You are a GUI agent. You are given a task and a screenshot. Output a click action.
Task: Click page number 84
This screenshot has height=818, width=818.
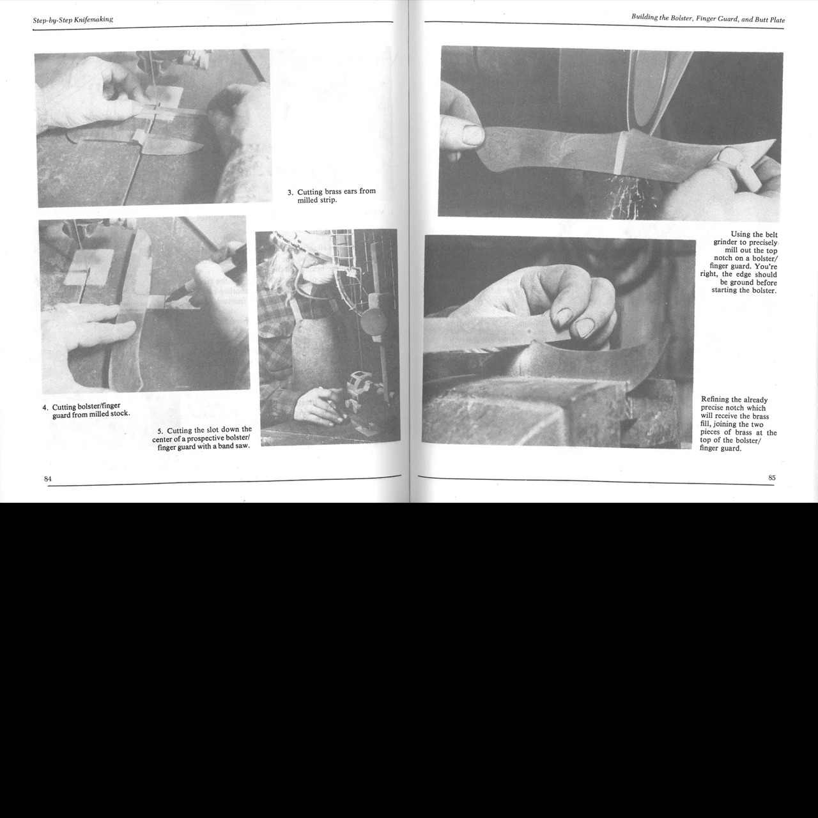coord(47,479)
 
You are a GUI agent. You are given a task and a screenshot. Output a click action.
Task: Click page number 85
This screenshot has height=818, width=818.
coord(772,477)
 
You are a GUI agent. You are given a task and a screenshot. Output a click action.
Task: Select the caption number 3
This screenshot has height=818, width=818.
coord(290,192)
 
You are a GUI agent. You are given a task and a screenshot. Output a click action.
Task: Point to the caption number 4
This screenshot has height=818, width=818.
coord(45,408)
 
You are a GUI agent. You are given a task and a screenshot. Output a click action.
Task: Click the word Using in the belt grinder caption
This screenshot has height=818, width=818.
coord(741,235)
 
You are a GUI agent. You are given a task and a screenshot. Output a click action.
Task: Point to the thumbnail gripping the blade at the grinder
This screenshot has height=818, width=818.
coord(472,134)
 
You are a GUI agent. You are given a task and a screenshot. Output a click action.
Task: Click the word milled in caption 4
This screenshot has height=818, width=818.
coord(98,414)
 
